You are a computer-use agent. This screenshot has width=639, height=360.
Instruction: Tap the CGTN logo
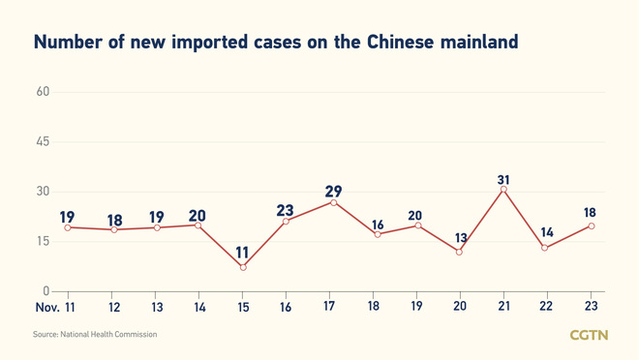(x=588, y=335)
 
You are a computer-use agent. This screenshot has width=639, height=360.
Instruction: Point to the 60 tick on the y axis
(x=43, y=92)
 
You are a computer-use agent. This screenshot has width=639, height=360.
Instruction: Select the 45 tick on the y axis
(x=43, y=142)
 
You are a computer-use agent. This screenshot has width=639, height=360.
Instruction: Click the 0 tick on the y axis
(x=46, y=290)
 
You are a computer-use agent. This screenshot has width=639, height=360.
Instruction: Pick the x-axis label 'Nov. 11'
(x=55, y=307)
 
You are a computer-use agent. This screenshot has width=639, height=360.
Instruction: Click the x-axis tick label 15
(x=242, y=307)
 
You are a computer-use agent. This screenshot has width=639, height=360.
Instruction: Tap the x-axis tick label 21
(x=503, y=307)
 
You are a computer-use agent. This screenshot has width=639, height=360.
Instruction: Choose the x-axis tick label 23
(x=591, y=307)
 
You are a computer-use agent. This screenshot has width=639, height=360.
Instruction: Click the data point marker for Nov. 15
(x=243, y=267)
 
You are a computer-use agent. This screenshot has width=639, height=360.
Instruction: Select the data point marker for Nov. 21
(x=503, y=190)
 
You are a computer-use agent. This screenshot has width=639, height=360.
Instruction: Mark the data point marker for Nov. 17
(x=334, y=202)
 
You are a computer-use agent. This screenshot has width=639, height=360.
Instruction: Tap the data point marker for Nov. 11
(x=68, y=227)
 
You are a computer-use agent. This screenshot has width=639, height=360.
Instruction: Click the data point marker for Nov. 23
(x=591, y=226)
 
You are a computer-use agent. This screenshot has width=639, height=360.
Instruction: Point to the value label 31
(x=503, y=180)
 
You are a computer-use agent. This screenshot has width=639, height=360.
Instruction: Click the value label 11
(x=242, y=253)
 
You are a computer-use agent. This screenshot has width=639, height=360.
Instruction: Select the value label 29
(x=333, y=192)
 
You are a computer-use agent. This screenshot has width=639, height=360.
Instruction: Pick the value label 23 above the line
(x=285, y=211)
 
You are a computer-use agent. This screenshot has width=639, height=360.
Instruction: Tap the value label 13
(x=460, y=238)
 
